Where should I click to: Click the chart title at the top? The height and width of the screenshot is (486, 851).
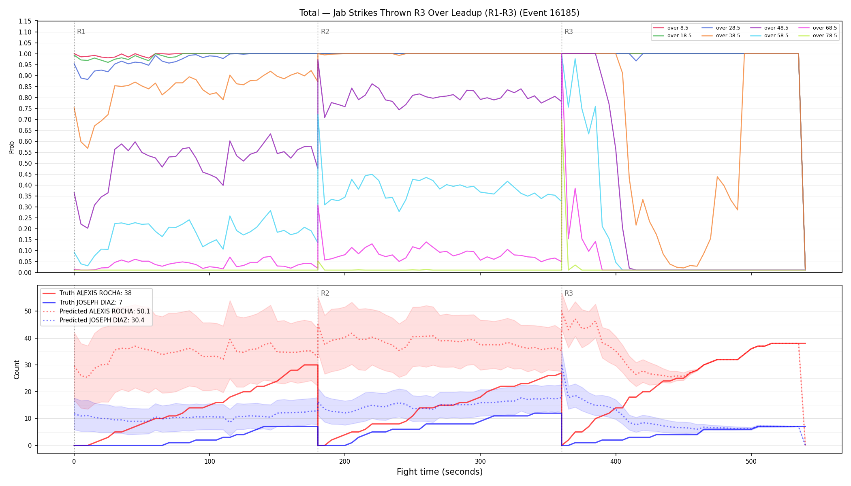pyautogui.click(x=439, y=13)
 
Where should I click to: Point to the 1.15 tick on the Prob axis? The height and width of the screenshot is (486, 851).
pyautogui.click(x=25, y=21)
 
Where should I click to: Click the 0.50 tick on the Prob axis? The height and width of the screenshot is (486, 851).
pyautogui.click(x=25, y=163)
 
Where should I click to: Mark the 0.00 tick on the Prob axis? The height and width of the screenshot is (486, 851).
pyautogui.click(x=25, y=273)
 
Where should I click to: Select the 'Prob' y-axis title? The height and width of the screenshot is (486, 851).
pyautogui.click(x=11, y=147)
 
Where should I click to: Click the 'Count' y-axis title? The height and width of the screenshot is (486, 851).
pyautogui.click(x=17, y=369)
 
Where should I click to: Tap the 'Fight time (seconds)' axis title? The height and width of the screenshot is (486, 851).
pyautogui.click(x=440, y=472)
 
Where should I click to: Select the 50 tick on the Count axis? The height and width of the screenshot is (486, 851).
pyautogui.click(x=28, y=311)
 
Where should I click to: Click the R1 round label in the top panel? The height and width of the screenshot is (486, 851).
pyautogui.click(x=81, y=32)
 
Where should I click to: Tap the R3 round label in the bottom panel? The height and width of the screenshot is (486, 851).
pyautogui.click(x=569, y=293)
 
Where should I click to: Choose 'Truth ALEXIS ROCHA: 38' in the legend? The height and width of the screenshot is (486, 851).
pyautogui.click(x=95, y=293)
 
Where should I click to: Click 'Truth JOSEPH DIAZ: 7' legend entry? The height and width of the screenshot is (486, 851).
pyautogui.click(x=91, y=302)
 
